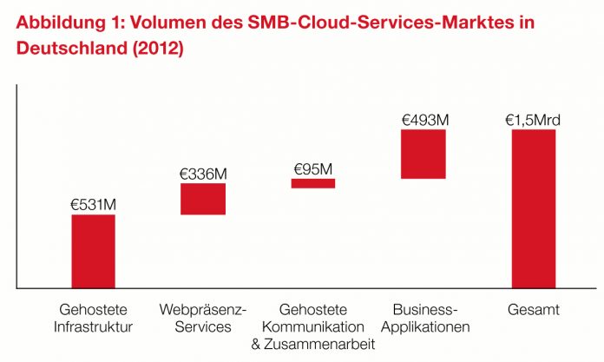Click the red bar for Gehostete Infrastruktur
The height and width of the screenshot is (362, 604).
93,251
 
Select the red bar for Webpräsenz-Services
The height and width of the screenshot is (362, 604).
203,199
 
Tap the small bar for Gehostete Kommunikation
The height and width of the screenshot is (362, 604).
312,183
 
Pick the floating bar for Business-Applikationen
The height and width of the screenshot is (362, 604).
423,154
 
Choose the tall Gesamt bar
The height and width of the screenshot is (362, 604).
533,208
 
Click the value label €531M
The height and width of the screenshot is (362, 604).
93,205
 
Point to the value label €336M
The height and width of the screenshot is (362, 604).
203,174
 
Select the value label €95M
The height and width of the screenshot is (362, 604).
312,168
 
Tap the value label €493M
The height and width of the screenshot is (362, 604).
423,120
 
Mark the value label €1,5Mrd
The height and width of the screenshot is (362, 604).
533,120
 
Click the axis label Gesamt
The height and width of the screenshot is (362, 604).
533,310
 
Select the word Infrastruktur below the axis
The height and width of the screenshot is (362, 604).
93,327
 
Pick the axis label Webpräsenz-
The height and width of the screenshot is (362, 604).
203,310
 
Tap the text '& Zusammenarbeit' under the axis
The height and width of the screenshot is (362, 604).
313,345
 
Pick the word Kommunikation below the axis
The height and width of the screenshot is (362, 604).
313,327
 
